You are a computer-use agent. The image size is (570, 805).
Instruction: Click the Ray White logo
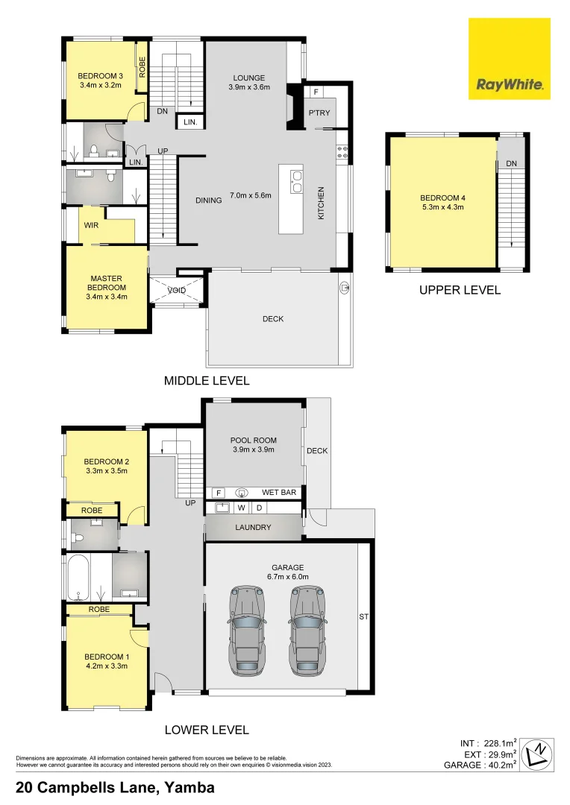509,59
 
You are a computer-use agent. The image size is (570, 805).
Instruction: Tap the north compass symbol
536,755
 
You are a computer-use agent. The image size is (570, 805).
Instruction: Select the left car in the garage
247,631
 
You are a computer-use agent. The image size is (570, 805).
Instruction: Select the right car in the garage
307,631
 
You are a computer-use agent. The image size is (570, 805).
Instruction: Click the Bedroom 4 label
442,202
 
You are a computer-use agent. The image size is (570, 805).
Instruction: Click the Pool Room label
254,444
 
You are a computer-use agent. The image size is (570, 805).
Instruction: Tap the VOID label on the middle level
177,291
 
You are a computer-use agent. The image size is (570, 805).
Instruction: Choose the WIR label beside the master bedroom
92,224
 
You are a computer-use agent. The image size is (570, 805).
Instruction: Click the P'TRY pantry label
319,113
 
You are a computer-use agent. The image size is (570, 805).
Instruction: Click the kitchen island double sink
296,182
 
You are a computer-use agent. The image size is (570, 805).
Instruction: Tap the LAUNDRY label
253,528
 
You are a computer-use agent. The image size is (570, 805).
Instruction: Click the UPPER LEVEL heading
459,290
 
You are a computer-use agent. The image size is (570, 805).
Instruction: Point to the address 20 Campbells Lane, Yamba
116,787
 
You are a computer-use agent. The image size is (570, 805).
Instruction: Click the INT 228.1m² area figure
486,743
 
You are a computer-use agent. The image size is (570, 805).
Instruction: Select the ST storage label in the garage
364,617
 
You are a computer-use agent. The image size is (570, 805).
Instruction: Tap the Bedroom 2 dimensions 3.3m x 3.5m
106,471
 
